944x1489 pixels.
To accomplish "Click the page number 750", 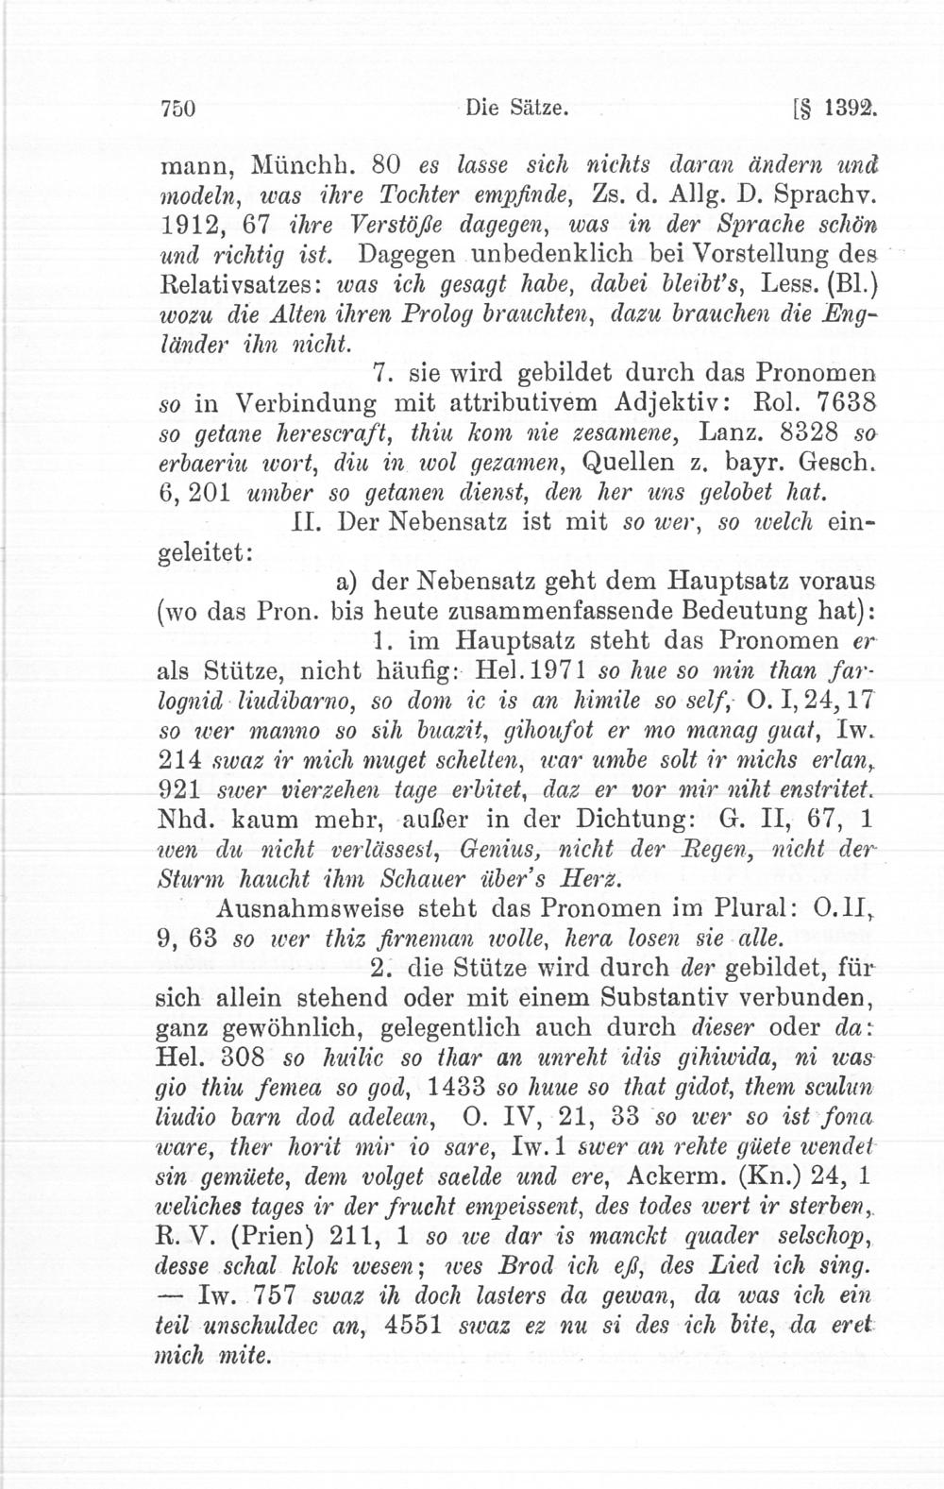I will click(177, 109).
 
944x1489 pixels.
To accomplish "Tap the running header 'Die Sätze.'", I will click(516, 109).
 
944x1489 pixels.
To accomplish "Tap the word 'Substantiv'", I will click(666, 997).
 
